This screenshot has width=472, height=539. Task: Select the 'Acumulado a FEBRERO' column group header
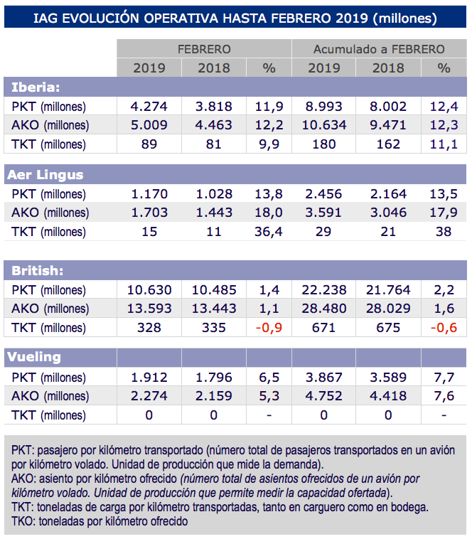click(379, 49)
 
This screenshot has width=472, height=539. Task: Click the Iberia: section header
click(36, 87)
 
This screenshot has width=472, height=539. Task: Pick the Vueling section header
click(36, 357)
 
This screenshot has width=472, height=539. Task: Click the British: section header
click(38, 271)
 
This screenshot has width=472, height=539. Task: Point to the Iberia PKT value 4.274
click(149, 107)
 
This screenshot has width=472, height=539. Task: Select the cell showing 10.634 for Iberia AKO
click(324, 125)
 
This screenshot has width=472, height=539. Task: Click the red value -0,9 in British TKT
click(269, 328)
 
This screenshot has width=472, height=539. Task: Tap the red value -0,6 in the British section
click(444, 328)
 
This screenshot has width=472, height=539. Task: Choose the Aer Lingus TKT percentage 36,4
click(269, 232)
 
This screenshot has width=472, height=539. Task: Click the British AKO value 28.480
click(324, 309)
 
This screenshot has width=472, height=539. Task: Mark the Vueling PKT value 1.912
click(149, 376)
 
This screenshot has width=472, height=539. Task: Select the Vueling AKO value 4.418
click(389, 395)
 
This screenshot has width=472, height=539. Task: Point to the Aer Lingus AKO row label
click(50, 213)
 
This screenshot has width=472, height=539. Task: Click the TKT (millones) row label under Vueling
click(50, 415)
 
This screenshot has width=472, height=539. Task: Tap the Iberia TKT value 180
click(324, 144)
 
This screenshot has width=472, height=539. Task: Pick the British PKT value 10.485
click(214, 289)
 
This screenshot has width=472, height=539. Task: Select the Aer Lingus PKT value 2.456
click(324, 193)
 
